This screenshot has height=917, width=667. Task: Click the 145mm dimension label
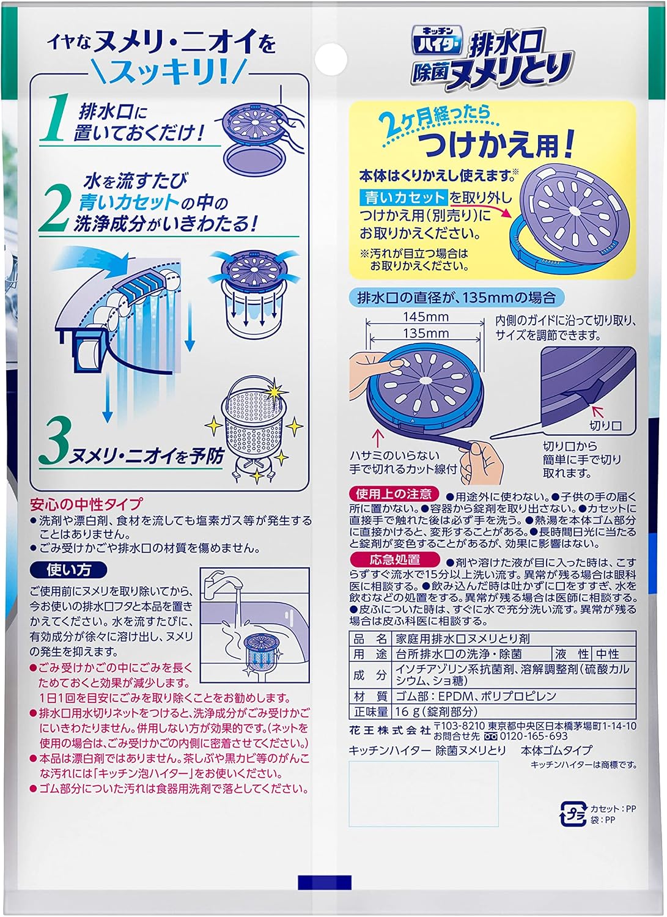click(426, 317)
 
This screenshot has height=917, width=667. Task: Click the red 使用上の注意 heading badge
click(394, 494)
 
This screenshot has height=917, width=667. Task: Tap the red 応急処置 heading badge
click(395, 559)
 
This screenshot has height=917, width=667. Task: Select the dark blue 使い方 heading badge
click(68, 570)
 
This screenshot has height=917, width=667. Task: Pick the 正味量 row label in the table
click(370, 712)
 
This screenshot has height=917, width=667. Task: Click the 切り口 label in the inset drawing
click(605, 425)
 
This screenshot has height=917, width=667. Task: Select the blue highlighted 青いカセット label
click(404, 197)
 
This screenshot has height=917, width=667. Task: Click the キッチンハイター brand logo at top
click(437, 40)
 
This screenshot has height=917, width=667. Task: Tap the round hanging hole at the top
click(331, 59)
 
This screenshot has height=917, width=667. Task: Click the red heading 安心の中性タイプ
click(86, 504)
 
